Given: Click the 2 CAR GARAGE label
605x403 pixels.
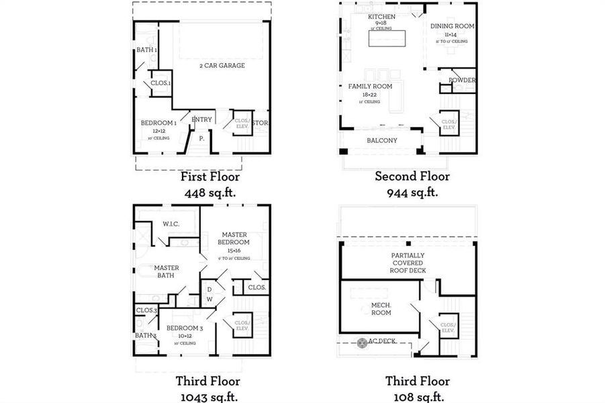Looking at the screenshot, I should [x=222, y=66].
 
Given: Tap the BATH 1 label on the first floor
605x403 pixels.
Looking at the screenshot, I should [x=147, y=50].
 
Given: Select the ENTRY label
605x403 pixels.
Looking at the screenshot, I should [x=201, y=120].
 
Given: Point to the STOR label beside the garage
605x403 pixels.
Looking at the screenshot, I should [x=261, y=123].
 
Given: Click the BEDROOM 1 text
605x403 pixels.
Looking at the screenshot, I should [x=158, y=123].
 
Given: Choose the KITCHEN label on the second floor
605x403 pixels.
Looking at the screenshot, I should [x=381, y=16].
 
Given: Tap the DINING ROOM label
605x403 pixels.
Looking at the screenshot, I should [x=452, y=26].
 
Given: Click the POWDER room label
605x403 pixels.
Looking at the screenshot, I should [x=462, y=81].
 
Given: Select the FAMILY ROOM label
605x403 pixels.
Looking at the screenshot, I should [x=369, y=87].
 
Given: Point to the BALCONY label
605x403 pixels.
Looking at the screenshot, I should [x=381, y=140].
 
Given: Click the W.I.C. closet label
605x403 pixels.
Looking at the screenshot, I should [x=170, y=224].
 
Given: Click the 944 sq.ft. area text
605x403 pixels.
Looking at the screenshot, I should [x=412, y=192].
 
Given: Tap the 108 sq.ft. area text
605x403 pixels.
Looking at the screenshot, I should [x=412, y=396].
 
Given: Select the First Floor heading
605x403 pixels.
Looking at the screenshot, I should [x=210, y=177].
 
